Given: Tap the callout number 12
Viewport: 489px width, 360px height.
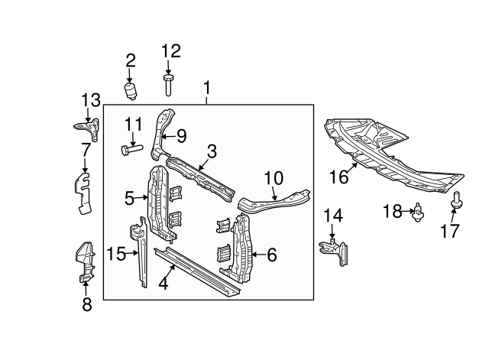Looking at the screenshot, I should [170, 52].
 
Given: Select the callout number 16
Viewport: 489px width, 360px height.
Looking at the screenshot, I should [338, 177].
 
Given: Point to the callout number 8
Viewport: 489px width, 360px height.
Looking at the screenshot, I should [86, 306].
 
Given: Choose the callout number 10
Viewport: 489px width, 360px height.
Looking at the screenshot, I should [274, 178].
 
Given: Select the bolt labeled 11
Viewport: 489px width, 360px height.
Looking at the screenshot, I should [128, 149].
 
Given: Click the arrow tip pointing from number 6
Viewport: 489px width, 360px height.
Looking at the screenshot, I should [251, 255].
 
